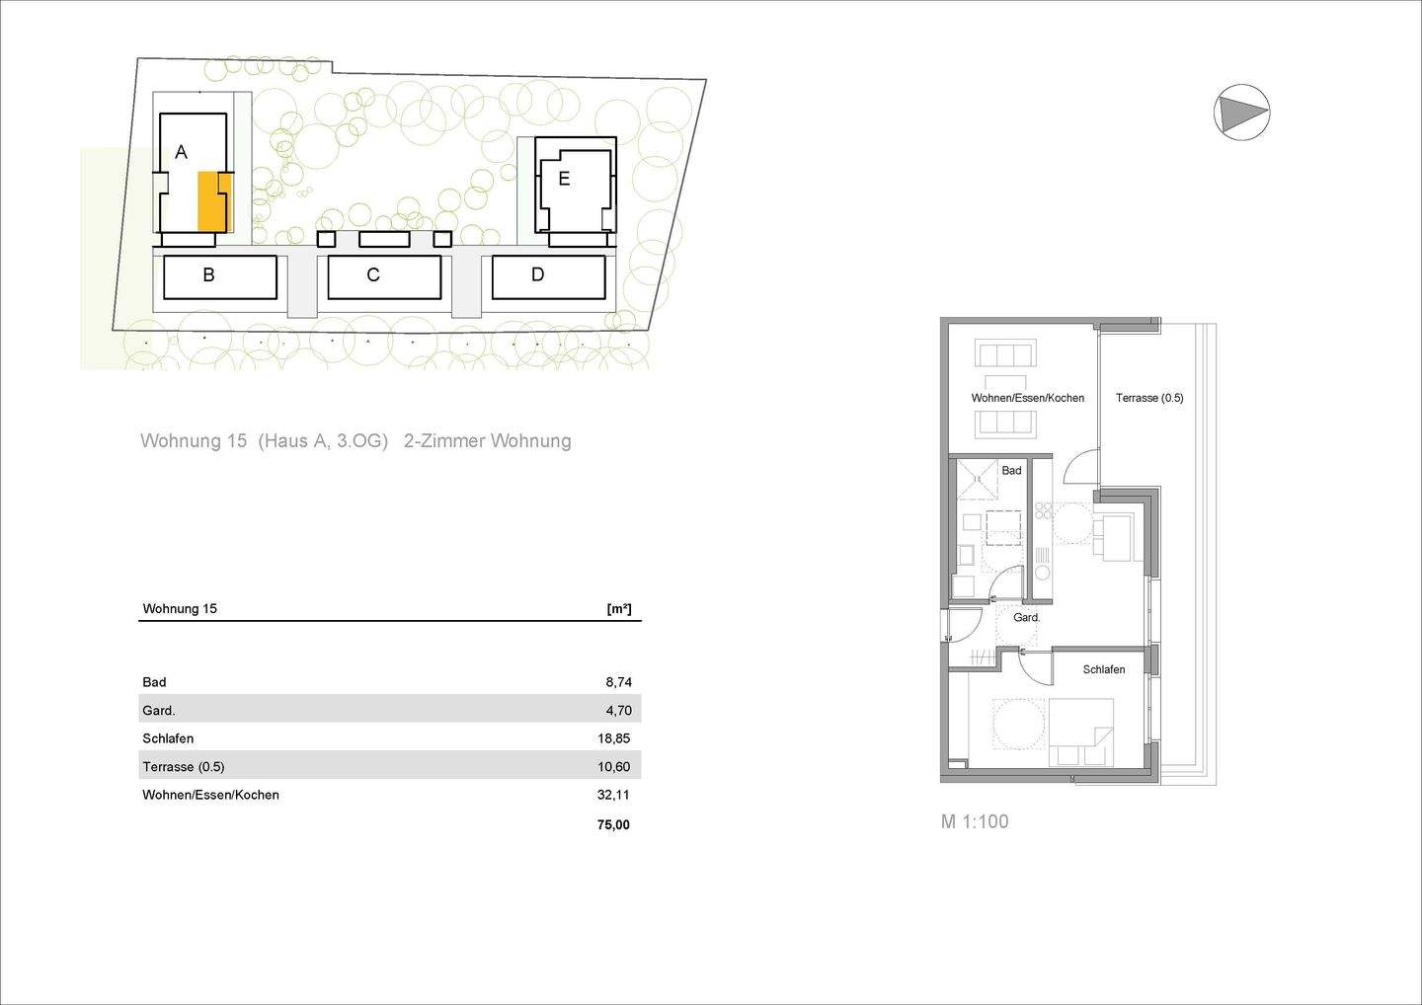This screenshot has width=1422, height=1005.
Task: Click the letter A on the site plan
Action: [181, 152]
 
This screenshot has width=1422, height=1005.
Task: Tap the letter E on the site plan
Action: [564, 179]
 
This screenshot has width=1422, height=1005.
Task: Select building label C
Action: [373, 275]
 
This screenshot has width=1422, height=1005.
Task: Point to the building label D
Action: [537, 274]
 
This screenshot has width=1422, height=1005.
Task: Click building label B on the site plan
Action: [208, 275]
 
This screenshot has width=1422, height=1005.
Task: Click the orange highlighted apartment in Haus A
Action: [212, 201]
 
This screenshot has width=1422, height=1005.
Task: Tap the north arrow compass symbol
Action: [1241, 112]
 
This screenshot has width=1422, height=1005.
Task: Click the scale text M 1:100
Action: [974, 821]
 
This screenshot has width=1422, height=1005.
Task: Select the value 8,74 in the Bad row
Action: [618, 682]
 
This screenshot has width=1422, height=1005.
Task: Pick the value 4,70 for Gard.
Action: [618, 710]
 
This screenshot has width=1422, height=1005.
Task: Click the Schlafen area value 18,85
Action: [614, 738]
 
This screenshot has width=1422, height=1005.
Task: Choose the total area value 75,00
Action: [613, 825]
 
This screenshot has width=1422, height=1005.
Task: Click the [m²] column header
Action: [619, 609]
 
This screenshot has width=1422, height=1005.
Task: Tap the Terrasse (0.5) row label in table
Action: [184, 767]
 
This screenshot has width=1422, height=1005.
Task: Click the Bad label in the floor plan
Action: [1011, 471]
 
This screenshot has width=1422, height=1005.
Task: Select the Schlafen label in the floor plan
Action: [1103, 669]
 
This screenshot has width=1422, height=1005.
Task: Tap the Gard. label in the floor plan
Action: [1027, 618]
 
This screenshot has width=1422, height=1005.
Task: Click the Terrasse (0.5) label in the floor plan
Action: [1149, 398]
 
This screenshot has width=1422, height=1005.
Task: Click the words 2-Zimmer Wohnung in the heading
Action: [488, 441]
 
